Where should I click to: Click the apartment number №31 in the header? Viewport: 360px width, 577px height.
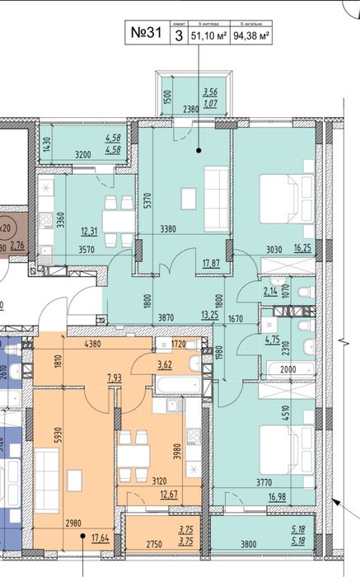(146, 35)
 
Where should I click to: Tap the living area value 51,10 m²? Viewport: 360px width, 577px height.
(208, 36)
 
